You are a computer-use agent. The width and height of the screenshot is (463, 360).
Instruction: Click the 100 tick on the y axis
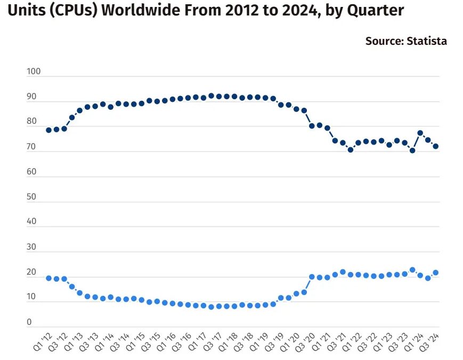tap(33, 71)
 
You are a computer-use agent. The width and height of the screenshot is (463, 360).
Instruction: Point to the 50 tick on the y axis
tap(31, 197)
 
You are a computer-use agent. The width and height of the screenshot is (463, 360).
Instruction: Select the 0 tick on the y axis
tap(29, 322)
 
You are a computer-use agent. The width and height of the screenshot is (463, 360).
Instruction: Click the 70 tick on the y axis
tap(31, 147)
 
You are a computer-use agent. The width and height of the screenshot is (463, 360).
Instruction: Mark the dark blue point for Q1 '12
tap(48, 130)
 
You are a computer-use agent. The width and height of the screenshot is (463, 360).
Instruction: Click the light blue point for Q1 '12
tap(48, 278)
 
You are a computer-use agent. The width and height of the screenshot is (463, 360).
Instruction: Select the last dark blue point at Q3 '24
tap(435, 146)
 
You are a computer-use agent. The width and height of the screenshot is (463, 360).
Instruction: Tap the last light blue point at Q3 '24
tap(435, 273)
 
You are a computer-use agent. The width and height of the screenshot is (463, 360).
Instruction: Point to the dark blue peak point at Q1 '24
tap(420, 133)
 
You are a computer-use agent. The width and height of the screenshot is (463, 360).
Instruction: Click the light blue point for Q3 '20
tap(312, 277)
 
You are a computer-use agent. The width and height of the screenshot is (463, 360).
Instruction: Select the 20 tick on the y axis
tap(31, 272)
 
